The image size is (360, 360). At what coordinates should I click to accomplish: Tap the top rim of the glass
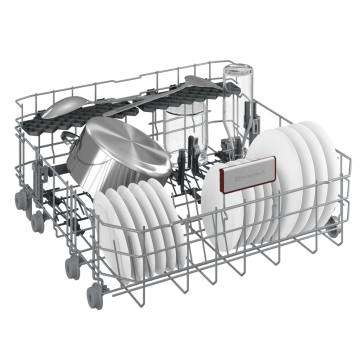point(240,72)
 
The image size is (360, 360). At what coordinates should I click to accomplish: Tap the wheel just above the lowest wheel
point(73,268)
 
